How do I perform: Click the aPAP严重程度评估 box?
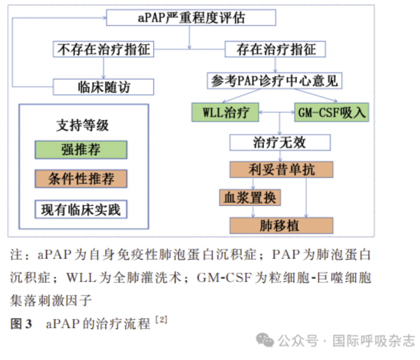(x=191, y=17)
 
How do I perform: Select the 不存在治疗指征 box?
(x=103, y=49)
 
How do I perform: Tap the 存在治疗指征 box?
(x=275, y=49)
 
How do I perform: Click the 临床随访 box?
(x=103, y=87)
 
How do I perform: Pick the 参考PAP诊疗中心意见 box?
(x=274, y=81)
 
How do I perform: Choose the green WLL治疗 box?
(x=225, y=112)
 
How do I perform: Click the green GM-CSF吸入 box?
(x=331, y=112)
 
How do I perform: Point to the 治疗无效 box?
(x=280, y=142)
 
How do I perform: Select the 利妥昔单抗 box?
(x=281, y=169)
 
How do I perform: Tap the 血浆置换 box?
(x=250, y=198)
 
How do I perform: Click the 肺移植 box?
(x=281, y=226)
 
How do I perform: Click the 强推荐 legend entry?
(x=81, y=150)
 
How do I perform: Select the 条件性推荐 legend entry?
(x=81, y=178)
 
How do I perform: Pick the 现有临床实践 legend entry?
(x=81, y=209)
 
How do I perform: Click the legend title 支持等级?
(x=82, y=125)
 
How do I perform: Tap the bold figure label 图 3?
(x=21, y=324)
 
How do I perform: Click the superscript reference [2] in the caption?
(x=161, y=319)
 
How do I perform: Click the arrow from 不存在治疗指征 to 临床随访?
(x=103, y=68)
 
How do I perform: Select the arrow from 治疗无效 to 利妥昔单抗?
(x=280, y=156)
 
